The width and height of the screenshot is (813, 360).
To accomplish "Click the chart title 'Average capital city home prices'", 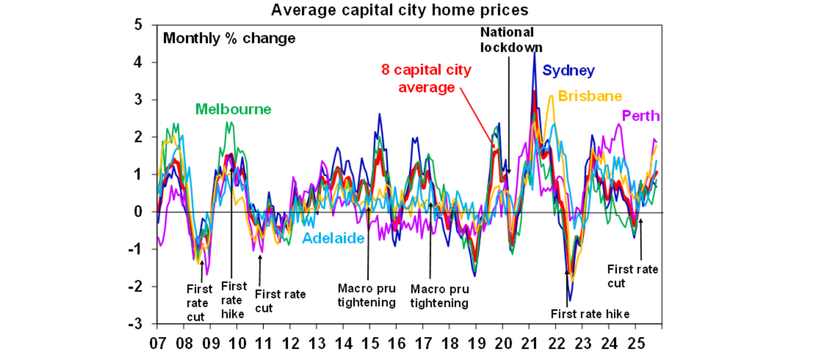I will coord(400,10).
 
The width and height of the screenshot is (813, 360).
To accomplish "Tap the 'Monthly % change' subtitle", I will coord(229,39).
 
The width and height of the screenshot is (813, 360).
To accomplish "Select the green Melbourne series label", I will coord(233,110).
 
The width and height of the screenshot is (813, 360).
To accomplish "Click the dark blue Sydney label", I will coord(569,70).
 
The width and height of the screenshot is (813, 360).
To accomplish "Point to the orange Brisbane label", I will coord(590,96).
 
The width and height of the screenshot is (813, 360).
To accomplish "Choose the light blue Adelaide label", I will coord(333,238).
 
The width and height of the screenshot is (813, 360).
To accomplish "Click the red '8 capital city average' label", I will coord(426,78).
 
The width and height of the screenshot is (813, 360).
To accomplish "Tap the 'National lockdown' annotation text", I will coord(507,40).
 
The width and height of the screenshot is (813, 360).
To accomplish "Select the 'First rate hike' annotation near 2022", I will coord(590,314).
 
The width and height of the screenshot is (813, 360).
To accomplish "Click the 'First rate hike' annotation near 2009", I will coord(233,300).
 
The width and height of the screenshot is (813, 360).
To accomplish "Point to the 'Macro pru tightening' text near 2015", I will coord(367,296).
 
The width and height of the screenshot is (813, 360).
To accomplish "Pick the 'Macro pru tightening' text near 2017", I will coord(439,296).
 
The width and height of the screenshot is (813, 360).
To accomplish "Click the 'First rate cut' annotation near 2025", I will coord(633,276).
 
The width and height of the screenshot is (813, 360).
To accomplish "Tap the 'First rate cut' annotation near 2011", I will coord(280,301).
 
